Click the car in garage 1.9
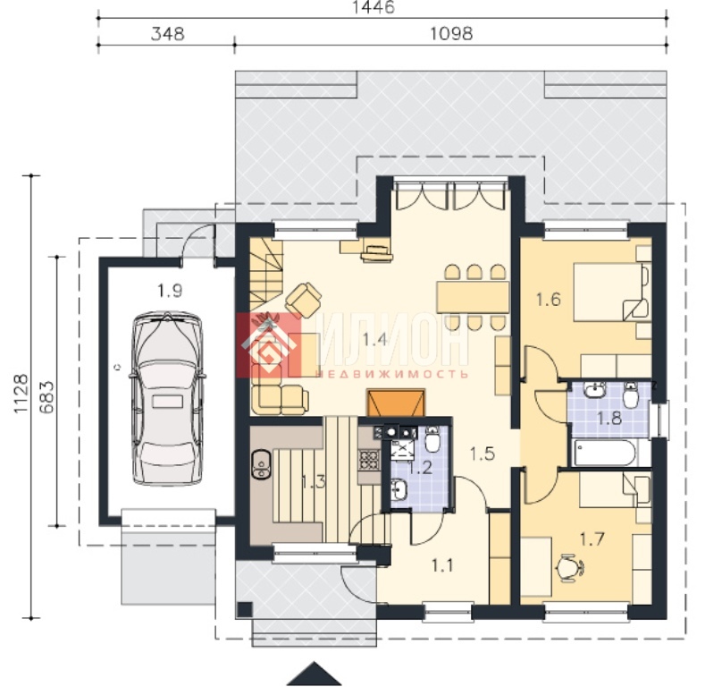[167, 398]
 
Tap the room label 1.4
[375, 339]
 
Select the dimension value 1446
[373, 7]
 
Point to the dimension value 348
[168, 34]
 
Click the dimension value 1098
[451, 34]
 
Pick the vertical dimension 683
[46, 397]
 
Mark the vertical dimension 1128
[21, 393]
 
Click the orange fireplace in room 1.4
[396, 403]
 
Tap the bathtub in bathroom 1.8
[605, 454]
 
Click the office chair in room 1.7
[570, 568]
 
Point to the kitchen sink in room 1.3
[261, 463]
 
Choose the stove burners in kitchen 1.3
[368, 459]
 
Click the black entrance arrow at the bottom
[314, 674]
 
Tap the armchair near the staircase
[303, 299]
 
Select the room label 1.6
[548, 300]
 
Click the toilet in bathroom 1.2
[432, 438]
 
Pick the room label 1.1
[442, 566]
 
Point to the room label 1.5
[483, 454]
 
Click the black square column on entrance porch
[245, 609]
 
